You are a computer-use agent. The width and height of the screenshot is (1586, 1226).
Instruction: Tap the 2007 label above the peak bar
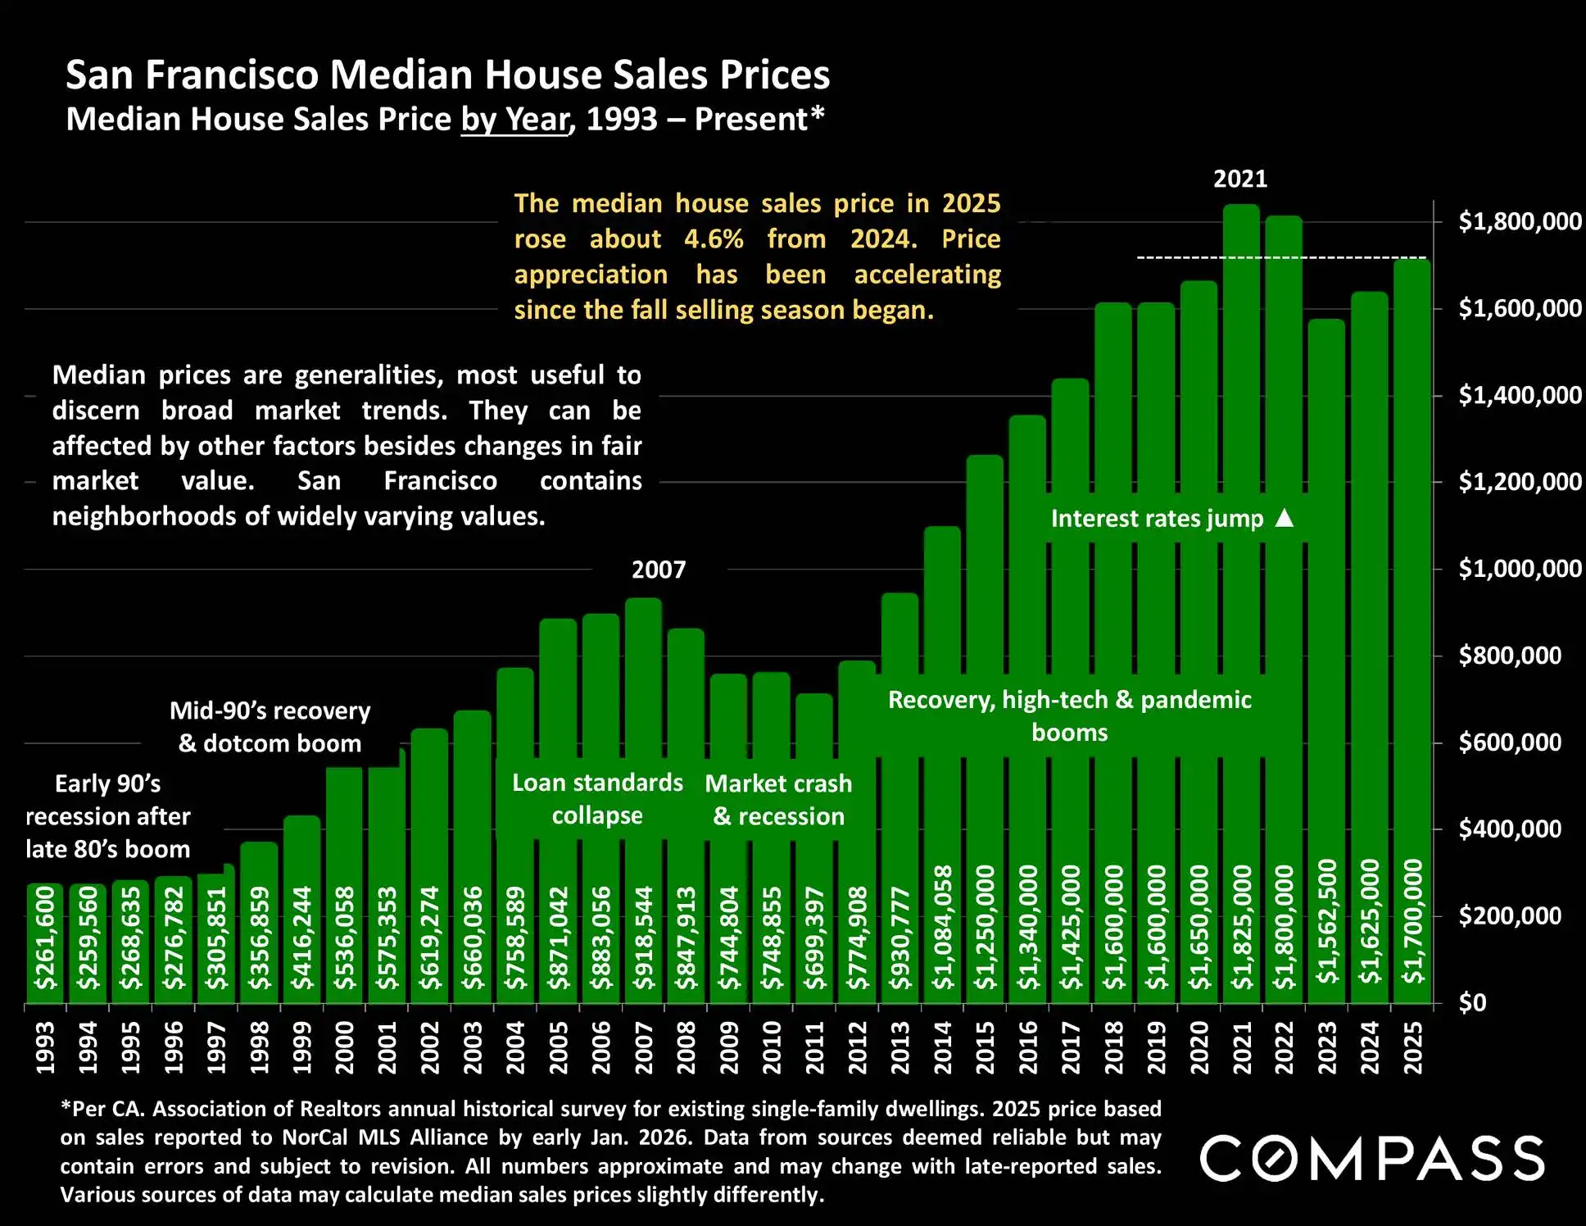click(x=659, y=570)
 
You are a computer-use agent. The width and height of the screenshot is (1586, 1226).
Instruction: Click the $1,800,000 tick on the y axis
click(x=1520, y=221)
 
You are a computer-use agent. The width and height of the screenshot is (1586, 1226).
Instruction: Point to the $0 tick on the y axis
click(x=1472, y=1002)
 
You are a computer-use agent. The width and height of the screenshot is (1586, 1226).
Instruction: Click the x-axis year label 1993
click(x=45, y=1047)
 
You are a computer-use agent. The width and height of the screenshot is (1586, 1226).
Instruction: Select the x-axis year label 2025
click(x=1413, y=1047)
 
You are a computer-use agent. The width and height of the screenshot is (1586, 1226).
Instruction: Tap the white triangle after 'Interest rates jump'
click(x=1285, y=518)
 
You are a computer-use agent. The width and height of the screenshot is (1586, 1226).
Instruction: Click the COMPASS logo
click(x=1372, y=1158)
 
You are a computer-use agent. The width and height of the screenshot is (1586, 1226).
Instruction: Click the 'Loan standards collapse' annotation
click(x=597, y=799)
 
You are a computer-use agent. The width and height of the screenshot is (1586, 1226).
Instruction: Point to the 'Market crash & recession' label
click(x=778, y=800)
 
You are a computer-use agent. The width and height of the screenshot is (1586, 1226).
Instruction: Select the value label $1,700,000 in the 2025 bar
click(x=1413, y=922)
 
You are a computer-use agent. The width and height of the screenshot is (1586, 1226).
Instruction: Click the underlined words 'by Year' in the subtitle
click(x=515, y=120)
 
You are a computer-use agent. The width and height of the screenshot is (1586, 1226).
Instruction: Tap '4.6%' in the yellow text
click(x=714, y=238)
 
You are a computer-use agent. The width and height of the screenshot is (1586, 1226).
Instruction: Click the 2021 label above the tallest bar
click(x=1240, y=179)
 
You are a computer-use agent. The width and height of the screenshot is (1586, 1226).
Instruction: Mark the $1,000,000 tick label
click(x=1520, y=569)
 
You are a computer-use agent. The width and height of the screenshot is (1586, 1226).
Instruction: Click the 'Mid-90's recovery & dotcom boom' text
click(x=270, y=727)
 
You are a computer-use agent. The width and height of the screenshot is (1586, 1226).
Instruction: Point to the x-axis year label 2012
click(x=857, y=1047)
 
